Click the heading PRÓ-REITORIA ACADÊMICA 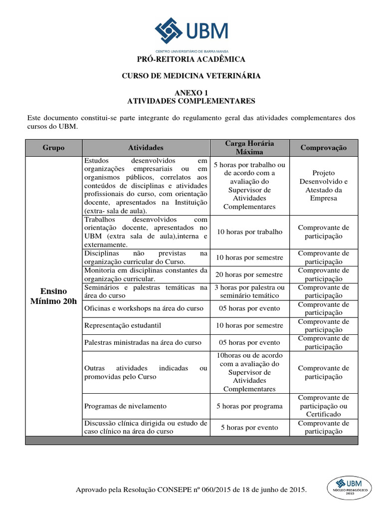tap(191, 59)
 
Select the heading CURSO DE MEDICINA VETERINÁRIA tap(191, 76)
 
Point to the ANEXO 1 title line tap(191, 92)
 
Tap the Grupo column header tap(53, 148)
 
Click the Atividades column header tap(146, 148)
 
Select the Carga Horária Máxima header tap(249, 147)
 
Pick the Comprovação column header tap(323, 148)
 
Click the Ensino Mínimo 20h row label tap(53, 295)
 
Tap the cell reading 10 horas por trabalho tap(249, 232)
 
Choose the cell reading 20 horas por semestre tap(249, 274)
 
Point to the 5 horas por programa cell tap(249, 406)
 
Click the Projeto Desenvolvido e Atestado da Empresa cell tap(323, 186)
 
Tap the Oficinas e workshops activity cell tap(144, 308)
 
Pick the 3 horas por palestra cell tap(249, 291)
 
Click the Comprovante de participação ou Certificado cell tap(323, 406)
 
